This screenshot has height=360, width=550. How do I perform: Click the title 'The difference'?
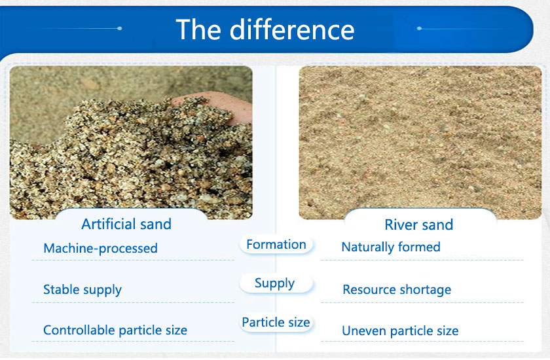[x=265, y=29]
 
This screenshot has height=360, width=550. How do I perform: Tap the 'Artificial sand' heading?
[x=126, y=224]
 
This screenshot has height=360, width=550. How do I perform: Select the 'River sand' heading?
[x=419, y=225]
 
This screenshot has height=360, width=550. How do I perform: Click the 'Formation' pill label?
[x=276, y=244]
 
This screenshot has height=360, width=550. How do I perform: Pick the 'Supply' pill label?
[x=274, y=283]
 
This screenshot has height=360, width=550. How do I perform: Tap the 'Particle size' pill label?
[x=276, y=322]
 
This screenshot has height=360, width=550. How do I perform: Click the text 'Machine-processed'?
[x=100, y=248]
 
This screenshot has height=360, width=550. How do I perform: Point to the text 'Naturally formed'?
[x=391, y=247]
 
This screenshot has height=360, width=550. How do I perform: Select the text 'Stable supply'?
[x=82, y=290]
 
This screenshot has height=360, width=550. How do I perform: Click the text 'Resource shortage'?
[x=397, y=289]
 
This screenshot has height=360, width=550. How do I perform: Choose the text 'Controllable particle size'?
[x=115, y=330]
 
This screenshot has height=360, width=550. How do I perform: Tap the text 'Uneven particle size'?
[x=400, y=331]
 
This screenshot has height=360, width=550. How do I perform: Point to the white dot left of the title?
[x=120, y=28]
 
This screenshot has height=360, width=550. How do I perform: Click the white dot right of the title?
[x=419, y=28]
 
